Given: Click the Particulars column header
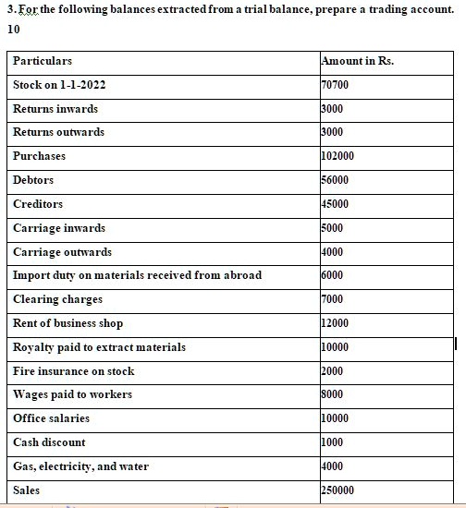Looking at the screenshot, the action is (43, 61).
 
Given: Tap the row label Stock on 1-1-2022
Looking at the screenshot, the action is (59, 85).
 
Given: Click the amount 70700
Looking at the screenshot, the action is (335, 85).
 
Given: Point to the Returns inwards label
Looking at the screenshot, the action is (55, 109).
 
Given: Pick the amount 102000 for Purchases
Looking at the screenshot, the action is (337, 156).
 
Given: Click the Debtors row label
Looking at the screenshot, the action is (33, 180).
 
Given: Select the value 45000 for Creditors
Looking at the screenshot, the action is (335, 204).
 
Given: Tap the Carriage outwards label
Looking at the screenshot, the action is (63, 252).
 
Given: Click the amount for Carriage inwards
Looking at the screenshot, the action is (332, 228).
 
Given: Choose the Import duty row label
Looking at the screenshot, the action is (137, 275).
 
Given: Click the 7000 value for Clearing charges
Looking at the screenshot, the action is (332, 299).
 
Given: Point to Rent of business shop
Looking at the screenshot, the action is (67, 323).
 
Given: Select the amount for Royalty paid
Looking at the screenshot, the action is (335, 347).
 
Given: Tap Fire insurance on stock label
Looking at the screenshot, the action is (74, 371).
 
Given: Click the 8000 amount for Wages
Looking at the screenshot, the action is (332, 394).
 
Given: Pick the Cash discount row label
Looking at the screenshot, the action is (49, 442).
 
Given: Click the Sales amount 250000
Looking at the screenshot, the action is (337, 490).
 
